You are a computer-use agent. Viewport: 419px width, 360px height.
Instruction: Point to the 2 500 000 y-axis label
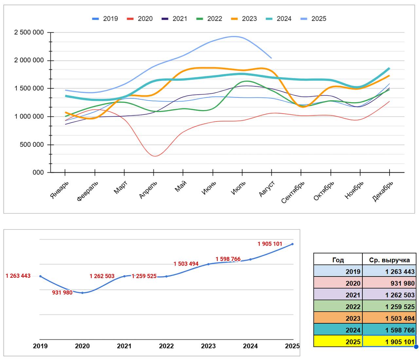(x=29, y=32)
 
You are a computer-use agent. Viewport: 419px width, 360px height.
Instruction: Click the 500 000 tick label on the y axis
(x=32, y=145)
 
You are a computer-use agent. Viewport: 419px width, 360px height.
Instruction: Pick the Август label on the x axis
(x=267, y=189)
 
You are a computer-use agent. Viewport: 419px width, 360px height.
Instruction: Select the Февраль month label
(x=87, y=191)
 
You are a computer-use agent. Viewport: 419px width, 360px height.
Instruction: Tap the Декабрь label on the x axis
(x=383, y=191)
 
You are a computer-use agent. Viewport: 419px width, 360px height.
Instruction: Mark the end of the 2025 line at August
(x=271, y=58)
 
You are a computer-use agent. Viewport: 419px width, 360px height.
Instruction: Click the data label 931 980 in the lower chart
(x=62, y=293)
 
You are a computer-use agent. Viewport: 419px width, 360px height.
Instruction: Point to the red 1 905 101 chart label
(x=270, y=244)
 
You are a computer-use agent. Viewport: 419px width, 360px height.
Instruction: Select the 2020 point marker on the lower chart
(x=82, y=293)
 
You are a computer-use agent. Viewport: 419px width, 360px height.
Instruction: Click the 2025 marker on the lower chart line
(x=292, y=244)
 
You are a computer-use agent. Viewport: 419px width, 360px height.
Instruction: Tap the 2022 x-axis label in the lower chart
(x=166, y=346)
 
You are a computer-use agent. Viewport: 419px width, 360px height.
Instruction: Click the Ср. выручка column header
(x=389, y=260)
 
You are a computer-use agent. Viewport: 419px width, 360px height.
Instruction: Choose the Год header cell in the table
(x=338, y=260)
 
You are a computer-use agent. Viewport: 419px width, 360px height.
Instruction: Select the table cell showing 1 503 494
(x=389, y=318)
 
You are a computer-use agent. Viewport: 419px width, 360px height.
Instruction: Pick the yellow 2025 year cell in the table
(x=338, y=342)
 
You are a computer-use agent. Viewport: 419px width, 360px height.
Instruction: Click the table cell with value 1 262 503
(x=389, y=295)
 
